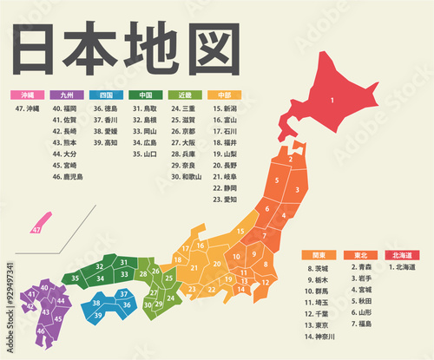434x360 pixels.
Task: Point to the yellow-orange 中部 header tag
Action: point(225,95)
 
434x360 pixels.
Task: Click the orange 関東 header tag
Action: point(318,255)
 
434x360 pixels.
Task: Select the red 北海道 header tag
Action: point(402,255)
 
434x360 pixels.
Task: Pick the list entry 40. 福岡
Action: point(64,108)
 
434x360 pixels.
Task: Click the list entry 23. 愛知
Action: point(228,199)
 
